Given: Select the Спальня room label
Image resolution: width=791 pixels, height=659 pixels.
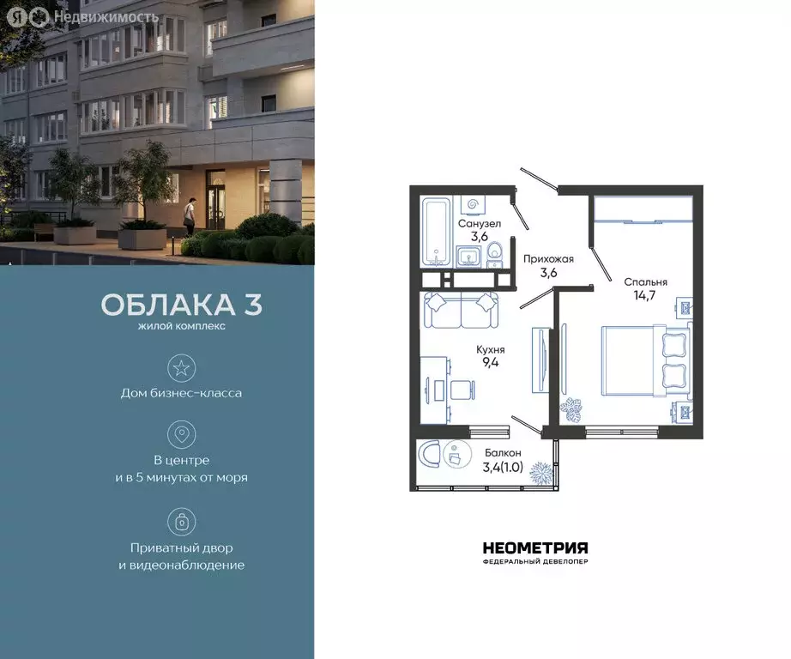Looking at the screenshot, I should (645, 281).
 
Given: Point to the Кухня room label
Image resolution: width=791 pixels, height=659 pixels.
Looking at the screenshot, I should (491, 350).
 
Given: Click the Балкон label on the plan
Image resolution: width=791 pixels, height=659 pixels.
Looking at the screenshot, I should (502, 452).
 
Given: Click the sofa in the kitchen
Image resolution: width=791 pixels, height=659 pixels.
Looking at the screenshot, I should (462, 311).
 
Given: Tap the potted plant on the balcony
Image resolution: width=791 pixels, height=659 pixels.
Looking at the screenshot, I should (540, 472).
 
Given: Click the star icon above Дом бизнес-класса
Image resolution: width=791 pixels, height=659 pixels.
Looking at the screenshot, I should (181, 369).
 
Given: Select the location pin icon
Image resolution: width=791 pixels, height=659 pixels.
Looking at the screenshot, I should (181, 435).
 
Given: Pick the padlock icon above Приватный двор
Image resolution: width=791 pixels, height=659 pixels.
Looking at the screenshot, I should (181, 521).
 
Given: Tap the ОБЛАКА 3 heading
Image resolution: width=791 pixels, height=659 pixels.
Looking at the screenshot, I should (182, 305).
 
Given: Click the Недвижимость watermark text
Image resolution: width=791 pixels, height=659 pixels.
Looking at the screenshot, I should (105, 16).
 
